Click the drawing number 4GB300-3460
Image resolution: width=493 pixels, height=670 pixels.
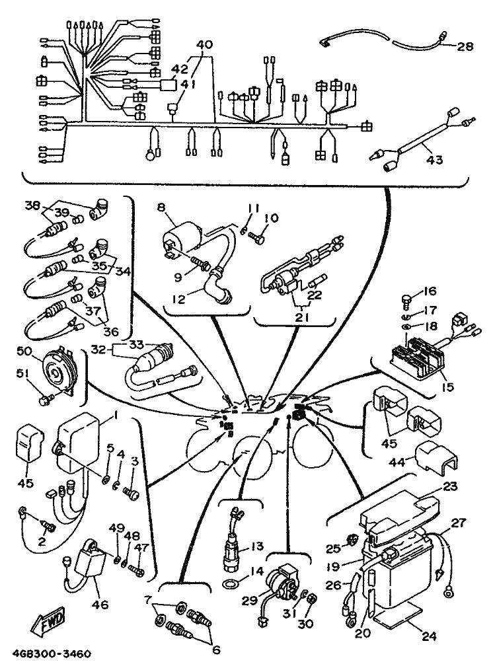[x=51, y=654]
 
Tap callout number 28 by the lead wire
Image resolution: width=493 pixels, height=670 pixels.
[x=465, y=46]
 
